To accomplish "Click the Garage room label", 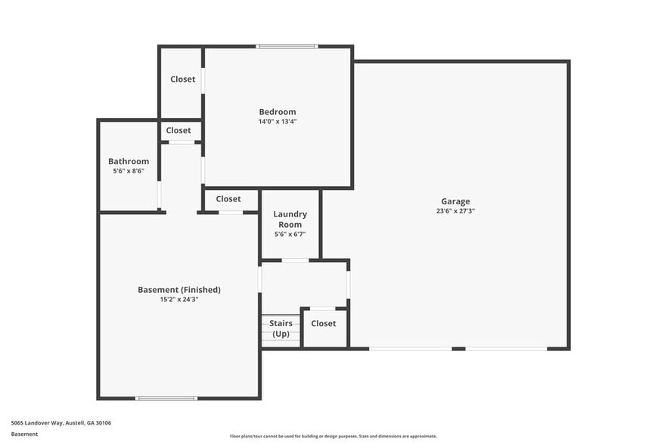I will (x=455, y=201).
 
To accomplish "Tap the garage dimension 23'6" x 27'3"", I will (x=455, y=211).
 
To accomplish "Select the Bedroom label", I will (x=278, y=112).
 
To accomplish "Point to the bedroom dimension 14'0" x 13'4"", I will (x=278, y=122).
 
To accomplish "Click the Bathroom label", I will (x=129, y=161).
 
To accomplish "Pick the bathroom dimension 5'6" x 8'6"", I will (x=129, y=171).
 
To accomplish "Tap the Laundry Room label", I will (x=290, y=219).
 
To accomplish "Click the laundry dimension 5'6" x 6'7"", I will (x=290, y=235).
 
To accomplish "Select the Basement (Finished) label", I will (x=179, y=289).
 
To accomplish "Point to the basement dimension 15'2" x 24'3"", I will (x=179, y=299).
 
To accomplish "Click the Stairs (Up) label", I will (x=281, y=328).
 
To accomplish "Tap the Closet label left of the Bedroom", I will (x=182, y=79).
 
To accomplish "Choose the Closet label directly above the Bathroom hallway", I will (x=178, y=130).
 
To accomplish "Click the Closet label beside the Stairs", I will (x=324, y=323).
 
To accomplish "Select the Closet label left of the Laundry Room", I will (x=228, y=199).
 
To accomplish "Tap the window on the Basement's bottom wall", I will (x=166, y=398).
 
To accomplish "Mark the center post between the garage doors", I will (x=458, y=349).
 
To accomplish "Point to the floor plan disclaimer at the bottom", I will (x=333, y=436).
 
